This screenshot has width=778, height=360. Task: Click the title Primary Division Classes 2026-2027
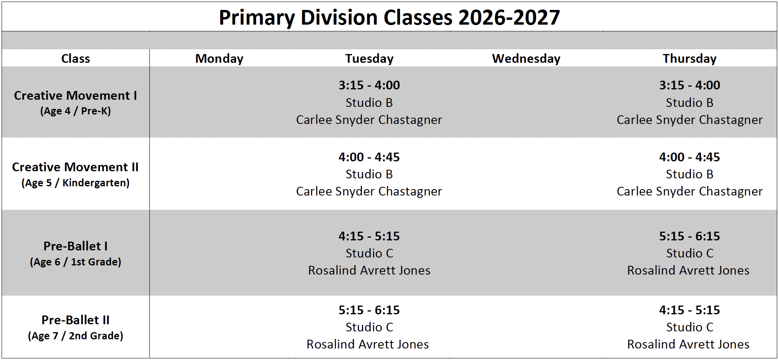click(389, 17)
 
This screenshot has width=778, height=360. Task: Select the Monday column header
click(219, 59)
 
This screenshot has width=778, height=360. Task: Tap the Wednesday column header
click(526, 59)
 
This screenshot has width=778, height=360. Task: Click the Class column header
click(75, 59)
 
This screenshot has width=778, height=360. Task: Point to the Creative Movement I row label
click(75, 96)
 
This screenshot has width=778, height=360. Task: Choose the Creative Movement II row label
click(75, 167)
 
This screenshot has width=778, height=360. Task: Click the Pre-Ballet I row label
click(75, 246)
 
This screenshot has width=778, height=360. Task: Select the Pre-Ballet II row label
click(75, 320)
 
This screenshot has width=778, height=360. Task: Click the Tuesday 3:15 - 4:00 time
click(369, 85)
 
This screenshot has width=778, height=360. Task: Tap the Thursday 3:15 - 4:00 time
click(689, 85)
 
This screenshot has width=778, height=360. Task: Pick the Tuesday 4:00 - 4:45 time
click(369, 157)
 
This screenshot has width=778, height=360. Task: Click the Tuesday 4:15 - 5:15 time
click(369, 236)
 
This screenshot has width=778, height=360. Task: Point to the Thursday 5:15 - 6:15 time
click(689, 236)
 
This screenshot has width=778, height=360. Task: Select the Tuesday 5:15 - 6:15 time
click(369, 310)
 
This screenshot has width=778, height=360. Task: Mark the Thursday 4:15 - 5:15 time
click(689, 310)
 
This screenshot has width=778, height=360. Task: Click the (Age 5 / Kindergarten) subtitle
click(75, 183)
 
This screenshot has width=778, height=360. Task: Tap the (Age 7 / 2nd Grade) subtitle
click(75, 336)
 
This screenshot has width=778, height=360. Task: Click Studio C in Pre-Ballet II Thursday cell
click(690, 327)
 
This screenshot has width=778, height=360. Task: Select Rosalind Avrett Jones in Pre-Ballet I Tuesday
click(369, 271)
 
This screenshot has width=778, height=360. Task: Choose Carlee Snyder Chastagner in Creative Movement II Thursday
click(689, 192)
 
